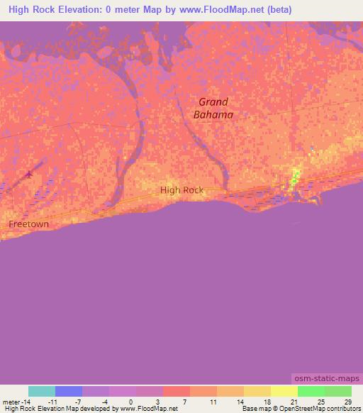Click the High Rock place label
(x=181, y=189)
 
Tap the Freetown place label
(x=29, y=224)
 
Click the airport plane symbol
(x=28, y=174)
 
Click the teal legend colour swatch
(x=42, y=391)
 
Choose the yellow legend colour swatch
(x=284, y=391)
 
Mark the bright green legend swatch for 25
(x=311, y=391)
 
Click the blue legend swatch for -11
(x=69, y=391)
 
